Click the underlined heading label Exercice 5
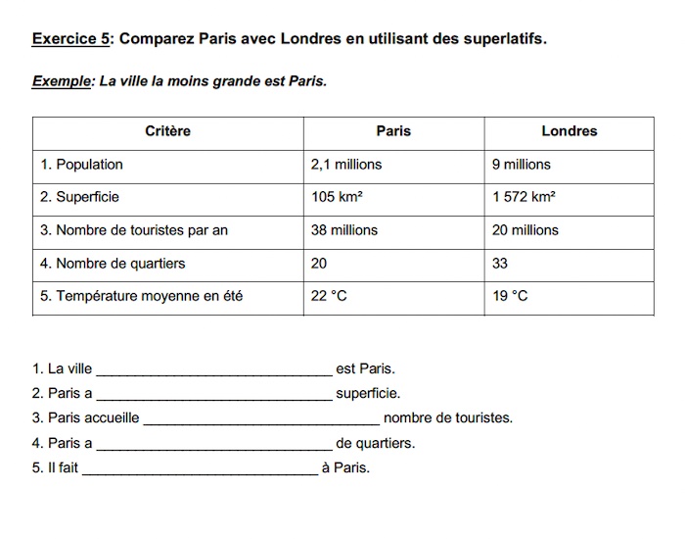[70, 39]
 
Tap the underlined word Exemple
[61, 81]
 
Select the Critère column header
[167, 131]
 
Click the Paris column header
[393, 131]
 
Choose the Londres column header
[569, 131]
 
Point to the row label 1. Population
[82, 165]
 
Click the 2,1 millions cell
[346, 165]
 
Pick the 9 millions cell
[522, 165]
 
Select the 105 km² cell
[337, 197]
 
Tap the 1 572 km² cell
[525, 197]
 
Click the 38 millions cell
[344, 230]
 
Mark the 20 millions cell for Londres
[525, 230]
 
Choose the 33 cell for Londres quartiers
[500, 264]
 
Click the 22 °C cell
[329, 296]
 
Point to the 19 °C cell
[510, 296]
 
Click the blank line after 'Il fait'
[200, 469]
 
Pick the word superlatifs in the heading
[497, 39]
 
